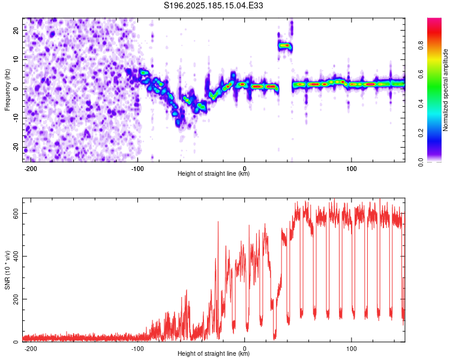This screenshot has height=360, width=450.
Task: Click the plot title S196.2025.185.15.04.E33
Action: coord(213,5)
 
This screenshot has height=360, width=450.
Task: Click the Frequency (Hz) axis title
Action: coord(7,90)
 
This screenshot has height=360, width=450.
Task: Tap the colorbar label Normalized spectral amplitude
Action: coord(445,90)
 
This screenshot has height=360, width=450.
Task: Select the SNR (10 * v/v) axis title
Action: coord(7,270)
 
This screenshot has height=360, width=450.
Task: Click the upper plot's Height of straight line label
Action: coord(214,173)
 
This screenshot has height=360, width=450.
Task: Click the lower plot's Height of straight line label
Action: coord(214,353)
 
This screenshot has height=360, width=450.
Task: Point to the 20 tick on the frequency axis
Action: coord(16,30)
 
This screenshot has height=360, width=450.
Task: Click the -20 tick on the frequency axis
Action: coord(16,148)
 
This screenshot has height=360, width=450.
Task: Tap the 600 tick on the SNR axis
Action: coord(16,214)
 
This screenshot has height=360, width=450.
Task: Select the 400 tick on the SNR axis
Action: coord(16,256)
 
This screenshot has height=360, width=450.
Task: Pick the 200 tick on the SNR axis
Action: coord(16,299)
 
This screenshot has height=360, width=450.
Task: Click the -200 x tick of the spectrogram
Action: coord(30,169)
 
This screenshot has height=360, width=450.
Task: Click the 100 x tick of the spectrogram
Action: coord(351,169)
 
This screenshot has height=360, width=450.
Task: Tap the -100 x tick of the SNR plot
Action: coord(137,349)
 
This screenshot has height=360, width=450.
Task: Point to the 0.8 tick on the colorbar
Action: coord(421,46)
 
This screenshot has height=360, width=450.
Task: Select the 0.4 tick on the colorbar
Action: coord(421,104)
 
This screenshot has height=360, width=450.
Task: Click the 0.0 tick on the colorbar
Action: coord(421,162)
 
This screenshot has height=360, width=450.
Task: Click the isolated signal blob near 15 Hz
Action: coord(284,46)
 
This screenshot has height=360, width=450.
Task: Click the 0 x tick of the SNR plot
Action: coord(245,349)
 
